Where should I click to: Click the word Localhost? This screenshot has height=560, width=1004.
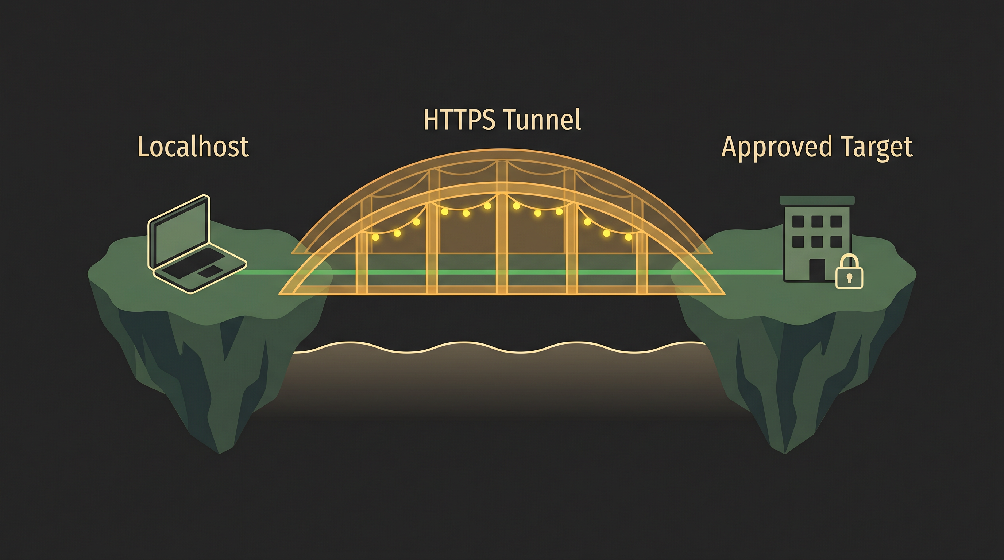pos(193,147)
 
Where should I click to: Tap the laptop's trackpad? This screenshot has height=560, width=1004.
pos(211,272)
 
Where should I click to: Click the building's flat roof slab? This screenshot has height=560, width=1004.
pos(817,200)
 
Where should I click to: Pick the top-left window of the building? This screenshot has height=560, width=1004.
pos(798,221)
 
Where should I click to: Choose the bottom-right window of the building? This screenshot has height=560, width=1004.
pos(836,241)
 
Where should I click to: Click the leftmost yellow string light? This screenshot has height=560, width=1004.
pos(375,237)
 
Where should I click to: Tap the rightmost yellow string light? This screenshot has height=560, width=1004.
pos(628,237)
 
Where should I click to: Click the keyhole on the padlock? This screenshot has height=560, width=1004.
pos(849,278)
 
